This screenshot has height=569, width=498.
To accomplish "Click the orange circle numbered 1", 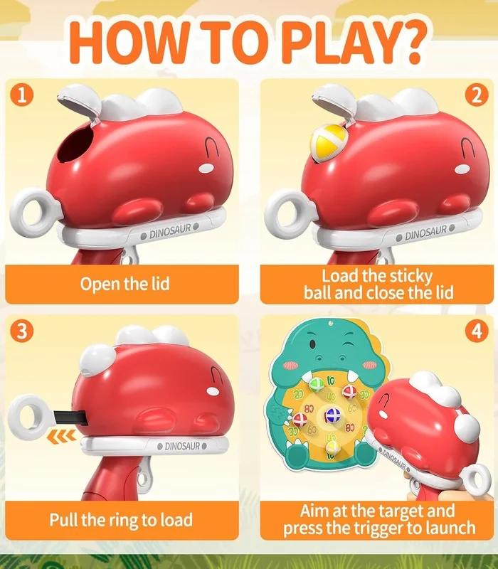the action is [22, 95].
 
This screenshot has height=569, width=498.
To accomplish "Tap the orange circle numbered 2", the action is [477, 95].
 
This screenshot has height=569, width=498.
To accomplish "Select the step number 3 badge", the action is [22, 331].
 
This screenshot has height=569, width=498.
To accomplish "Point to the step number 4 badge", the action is [477, 331].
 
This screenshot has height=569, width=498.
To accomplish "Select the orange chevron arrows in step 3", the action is [62, 436].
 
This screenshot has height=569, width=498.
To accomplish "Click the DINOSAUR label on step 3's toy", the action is [182, 446].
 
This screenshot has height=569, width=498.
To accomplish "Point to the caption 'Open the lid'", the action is [125, 284].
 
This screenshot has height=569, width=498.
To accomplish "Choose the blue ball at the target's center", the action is [332, 415].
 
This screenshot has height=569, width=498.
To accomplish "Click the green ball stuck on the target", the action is [317, 385].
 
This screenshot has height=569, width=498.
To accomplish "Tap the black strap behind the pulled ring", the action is [70, 418].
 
